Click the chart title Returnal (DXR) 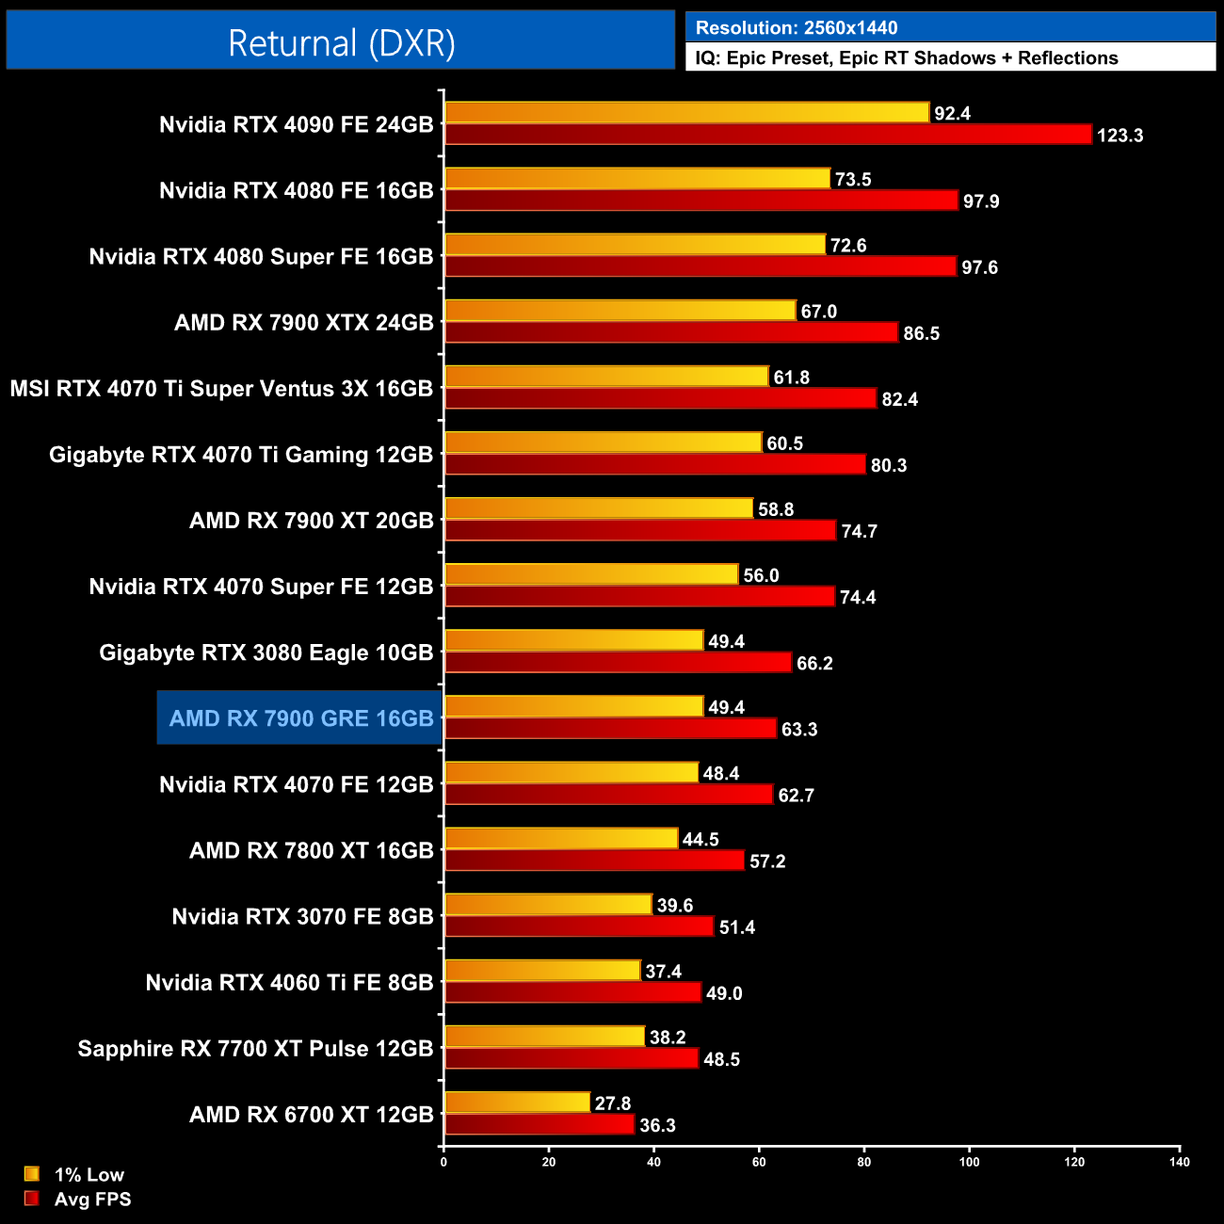341,43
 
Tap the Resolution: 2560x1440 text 796,28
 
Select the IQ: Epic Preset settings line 906,58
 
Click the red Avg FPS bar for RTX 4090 767,135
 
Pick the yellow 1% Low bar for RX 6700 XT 517,1103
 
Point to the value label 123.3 1119,136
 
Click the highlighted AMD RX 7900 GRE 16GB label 300,718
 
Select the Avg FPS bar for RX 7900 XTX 671,332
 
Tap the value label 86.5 921,333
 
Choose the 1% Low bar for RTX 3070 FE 548,905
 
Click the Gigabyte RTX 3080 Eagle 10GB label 266,652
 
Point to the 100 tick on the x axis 969,1162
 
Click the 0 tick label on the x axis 443,1162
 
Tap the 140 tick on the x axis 1179,1162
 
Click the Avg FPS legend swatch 32,1199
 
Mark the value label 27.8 613,1103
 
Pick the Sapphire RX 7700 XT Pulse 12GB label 255,1049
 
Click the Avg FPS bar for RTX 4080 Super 701,266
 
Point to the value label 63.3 799,730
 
